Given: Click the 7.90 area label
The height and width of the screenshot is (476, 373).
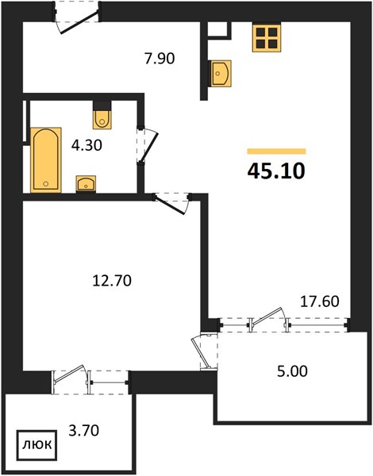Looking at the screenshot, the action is pos(160,58).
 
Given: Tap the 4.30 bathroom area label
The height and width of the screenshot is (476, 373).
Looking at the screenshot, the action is pos(87,145).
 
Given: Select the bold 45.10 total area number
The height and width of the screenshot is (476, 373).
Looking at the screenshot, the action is pos(276,171).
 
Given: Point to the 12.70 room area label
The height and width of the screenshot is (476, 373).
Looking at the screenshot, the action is pos(112,280).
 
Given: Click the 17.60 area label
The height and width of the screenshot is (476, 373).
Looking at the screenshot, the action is pos(320,301).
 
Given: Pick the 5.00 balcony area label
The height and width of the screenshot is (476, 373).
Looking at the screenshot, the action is pos(292,371).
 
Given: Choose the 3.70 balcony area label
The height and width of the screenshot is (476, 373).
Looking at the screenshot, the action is pos(84,430).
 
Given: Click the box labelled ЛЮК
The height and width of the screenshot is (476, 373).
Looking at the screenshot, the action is pos(37,445).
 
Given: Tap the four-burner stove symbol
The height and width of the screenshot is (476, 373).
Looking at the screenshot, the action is pos(267,37).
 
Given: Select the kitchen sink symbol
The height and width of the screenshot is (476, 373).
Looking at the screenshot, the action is pos(221,73).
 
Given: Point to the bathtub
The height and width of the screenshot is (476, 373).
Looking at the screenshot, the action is pos(46,160).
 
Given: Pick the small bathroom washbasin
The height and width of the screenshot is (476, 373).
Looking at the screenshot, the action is pos(86,184).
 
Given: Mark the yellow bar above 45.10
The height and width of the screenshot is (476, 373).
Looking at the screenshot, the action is pos(276,152).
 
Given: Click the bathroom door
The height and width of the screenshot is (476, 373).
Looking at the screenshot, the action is pos(147,145).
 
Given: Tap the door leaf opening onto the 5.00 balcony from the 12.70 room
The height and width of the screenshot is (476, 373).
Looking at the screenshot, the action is pos(201,352).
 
